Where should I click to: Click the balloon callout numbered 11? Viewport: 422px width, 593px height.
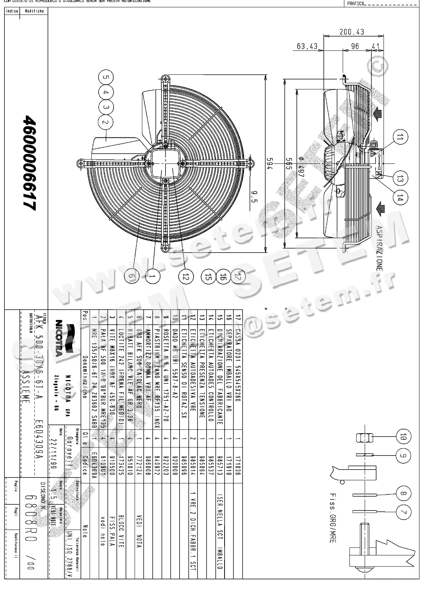pyautogui.click(x=400, y=137)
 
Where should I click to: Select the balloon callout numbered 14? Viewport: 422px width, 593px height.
pyautogui.click(x=400, y=198)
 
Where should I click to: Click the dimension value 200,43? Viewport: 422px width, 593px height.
pyautogui.click(x=352, y=32)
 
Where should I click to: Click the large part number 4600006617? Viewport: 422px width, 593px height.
pyautogui.click(x=30, y=163)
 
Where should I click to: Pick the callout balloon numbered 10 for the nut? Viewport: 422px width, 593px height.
pyautogui.click(x=403, y=437)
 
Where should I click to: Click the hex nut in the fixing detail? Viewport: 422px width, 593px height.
pyautogui.click(x=364, y=437)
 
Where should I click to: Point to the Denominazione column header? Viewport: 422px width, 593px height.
pyautogui.click(x=85, y=377)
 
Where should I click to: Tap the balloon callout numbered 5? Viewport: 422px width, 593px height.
pyautogui.click(x=105, y=78)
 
